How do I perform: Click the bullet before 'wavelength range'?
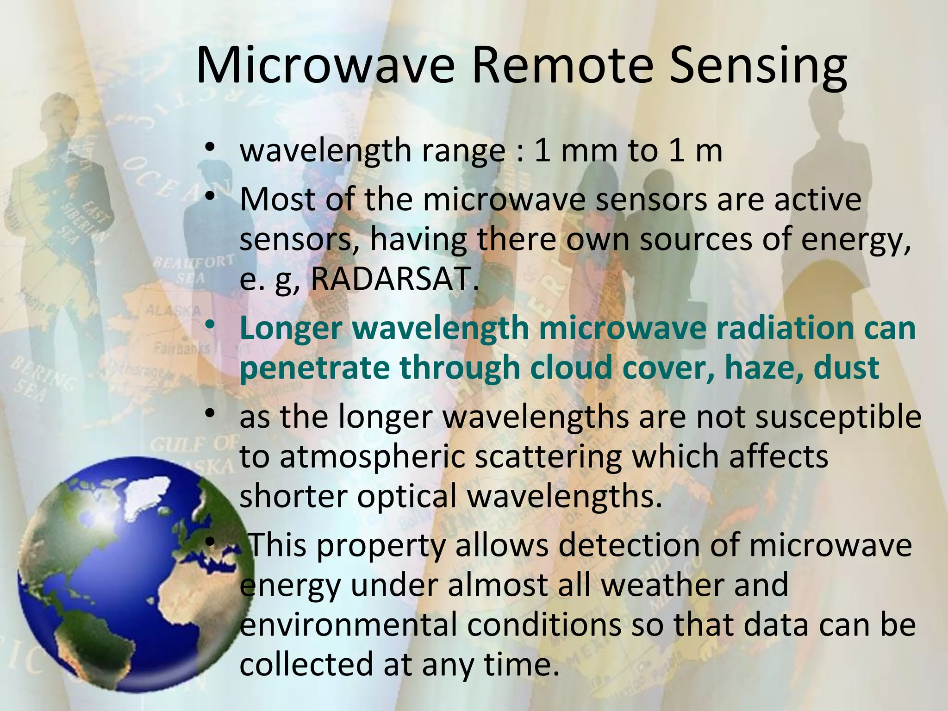point(210,149)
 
